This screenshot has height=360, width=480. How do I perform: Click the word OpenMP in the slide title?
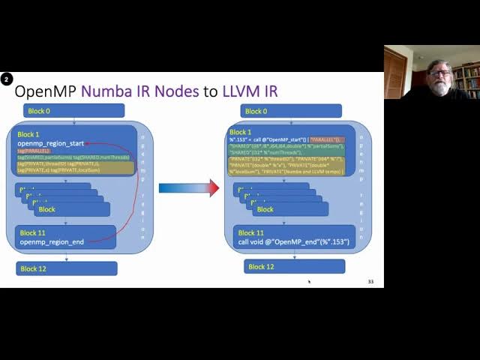pyautogui.click(x=46, y=91)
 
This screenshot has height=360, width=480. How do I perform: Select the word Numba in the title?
pyautogui.click(x=105, y=91)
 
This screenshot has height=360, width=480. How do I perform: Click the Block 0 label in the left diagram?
pyautogui.click(x=39, y=111)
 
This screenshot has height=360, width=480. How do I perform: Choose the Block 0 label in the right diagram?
pyautogui.click(x=255, y=111)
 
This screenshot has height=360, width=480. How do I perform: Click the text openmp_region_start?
pyautogui.click(x=51, y=143)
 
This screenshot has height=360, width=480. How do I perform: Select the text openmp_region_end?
pyautogui.click(x=52, y=242)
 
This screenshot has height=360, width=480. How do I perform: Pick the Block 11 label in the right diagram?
pyautogui.click(x=251, y=232)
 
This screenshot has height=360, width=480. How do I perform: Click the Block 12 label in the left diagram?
pyautogui.click(x=33, y=268)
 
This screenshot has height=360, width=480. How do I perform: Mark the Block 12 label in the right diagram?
pyautogui.click(x=261, y=266)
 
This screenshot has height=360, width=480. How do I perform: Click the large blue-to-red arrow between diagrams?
pyautogui.click(x=188, y=188)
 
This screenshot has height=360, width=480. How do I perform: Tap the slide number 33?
pyautogui.click(x=370, y=282)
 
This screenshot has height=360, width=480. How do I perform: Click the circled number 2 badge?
pyautogui.click(x=7, y=79)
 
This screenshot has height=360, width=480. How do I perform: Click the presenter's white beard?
pyautogui.click(x=439, y=85)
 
